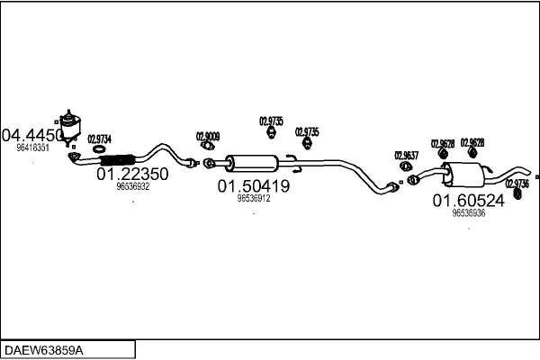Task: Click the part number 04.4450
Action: click(x=33, y=135)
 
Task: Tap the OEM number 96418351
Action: click(x=33, y=148)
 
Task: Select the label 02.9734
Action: click(x=99, y=138)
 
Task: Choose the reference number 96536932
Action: click(x=133, y=187)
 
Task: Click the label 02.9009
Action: click(x=208, y=137)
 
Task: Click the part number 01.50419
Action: click(x=253, y=186)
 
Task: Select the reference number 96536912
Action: click(x=254, y=199)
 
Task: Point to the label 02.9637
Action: click(x=407, y=156)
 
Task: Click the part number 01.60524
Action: click(x=468, y=201)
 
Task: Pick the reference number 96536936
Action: click(x=468, y=213)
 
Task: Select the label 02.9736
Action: click(x=517, y=183)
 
